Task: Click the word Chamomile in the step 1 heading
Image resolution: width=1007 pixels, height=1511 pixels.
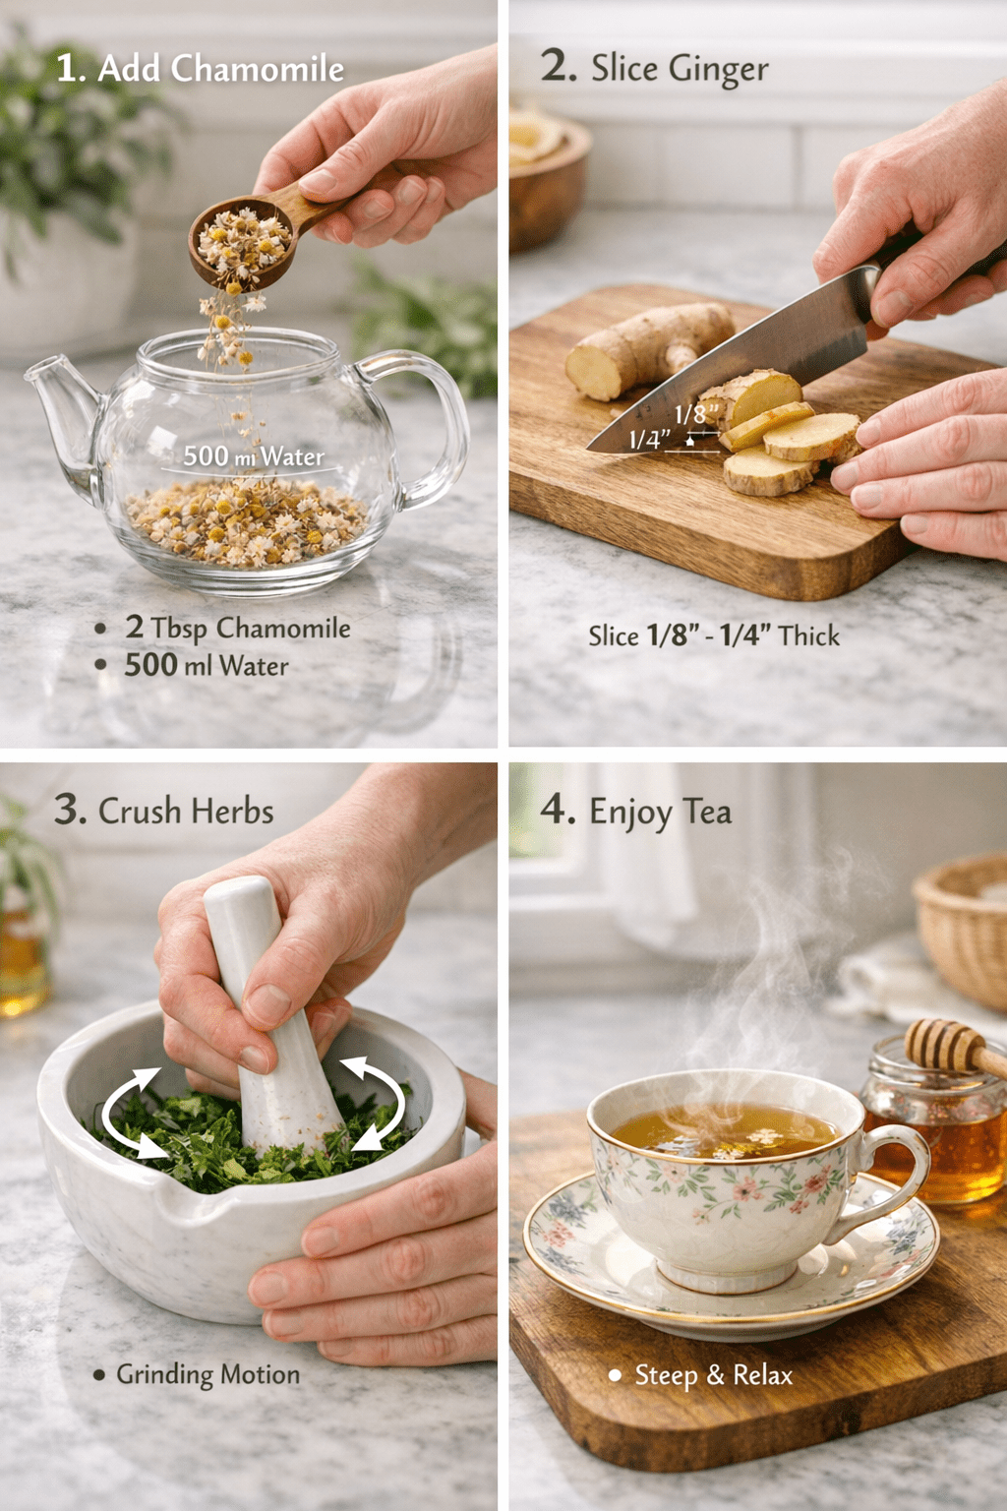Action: (x=257, y=69)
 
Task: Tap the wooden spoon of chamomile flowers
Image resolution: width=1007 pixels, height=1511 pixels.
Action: (x=269, y=233)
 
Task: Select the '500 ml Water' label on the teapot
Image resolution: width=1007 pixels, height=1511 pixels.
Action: (x=254, y=456)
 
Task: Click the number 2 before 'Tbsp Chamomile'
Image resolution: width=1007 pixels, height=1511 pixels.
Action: (x=134, y=628)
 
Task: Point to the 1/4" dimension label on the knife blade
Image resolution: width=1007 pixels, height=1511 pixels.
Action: (x=650, y=440)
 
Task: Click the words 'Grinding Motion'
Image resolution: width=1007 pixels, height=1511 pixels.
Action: (x=207, y=1374)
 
